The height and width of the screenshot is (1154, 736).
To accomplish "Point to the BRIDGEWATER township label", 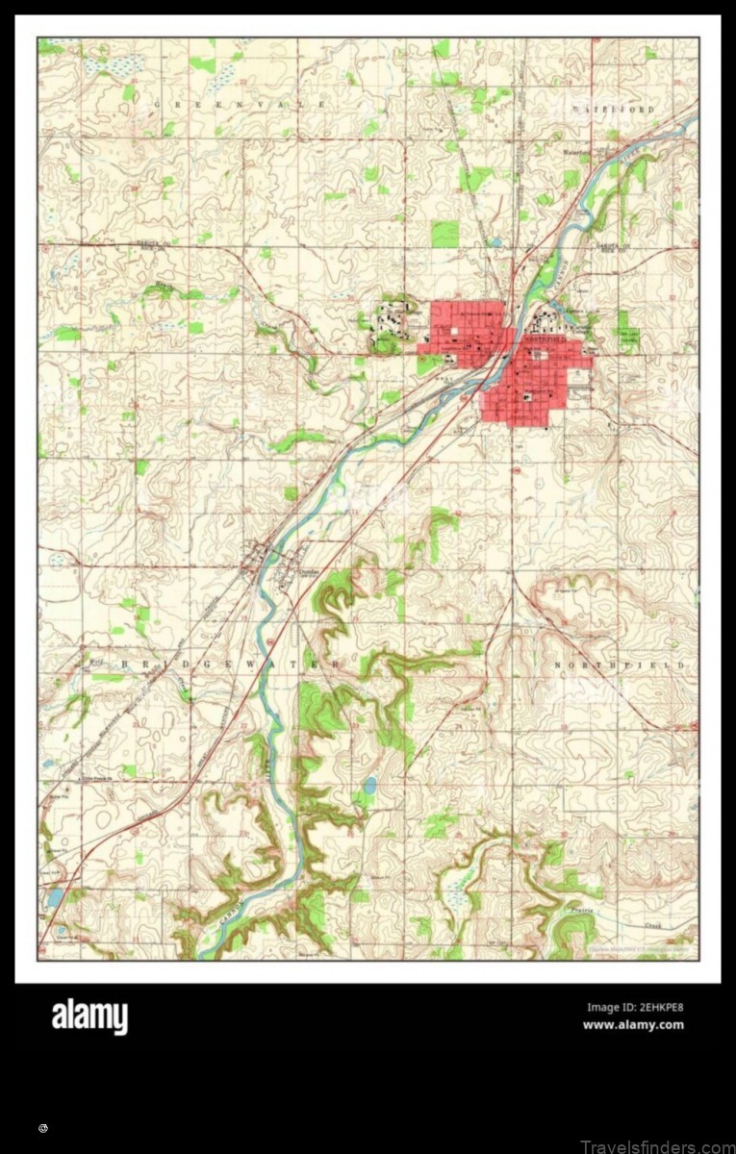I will pos(232,665).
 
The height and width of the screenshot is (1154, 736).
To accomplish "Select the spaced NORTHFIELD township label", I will pos(622,665).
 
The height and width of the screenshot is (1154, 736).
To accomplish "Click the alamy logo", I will pos(89,1016).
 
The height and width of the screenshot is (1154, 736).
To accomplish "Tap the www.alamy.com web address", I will pos(633,1025).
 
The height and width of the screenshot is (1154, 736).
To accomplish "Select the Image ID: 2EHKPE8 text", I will pos(635,1008).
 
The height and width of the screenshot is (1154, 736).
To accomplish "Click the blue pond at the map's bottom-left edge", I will pos(55,897).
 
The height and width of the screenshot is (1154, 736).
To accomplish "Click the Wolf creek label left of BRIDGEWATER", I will pos(95,664).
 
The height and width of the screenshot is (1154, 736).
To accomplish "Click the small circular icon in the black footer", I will pos(43,1127).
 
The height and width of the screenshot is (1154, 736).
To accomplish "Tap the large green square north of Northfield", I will pos(444,234).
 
